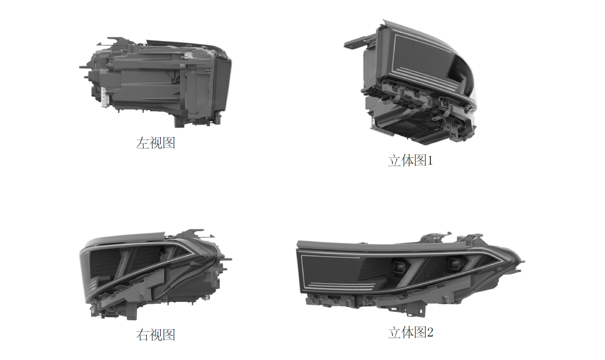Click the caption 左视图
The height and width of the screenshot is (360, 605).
[x=156, y=143]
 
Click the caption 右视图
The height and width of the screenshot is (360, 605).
[x=156, y=335]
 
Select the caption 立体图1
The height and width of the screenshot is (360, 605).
[x=410, y=161]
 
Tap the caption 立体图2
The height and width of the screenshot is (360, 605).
[x=411, y=332]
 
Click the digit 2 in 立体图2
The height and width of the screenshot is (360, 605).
[x=430, y=332]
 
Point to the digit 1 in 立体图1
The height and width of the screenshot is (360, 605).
[x=430, y=161]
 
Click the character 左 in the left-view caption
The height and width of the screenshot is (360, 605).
[x=142, y=143]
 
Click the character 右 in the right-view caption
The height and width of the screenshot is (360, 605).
[x=142, y=335]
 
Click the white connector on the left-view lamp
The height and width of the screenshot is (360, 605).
[x=104, y=97]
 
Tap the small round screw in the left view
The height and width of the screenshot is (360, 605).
[x=174, y=81]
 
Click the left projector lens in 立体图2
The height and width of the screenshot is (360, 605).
[x=398, y=266]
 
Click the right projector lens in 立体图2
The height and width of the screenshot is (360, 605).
[x=454, y=263]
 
